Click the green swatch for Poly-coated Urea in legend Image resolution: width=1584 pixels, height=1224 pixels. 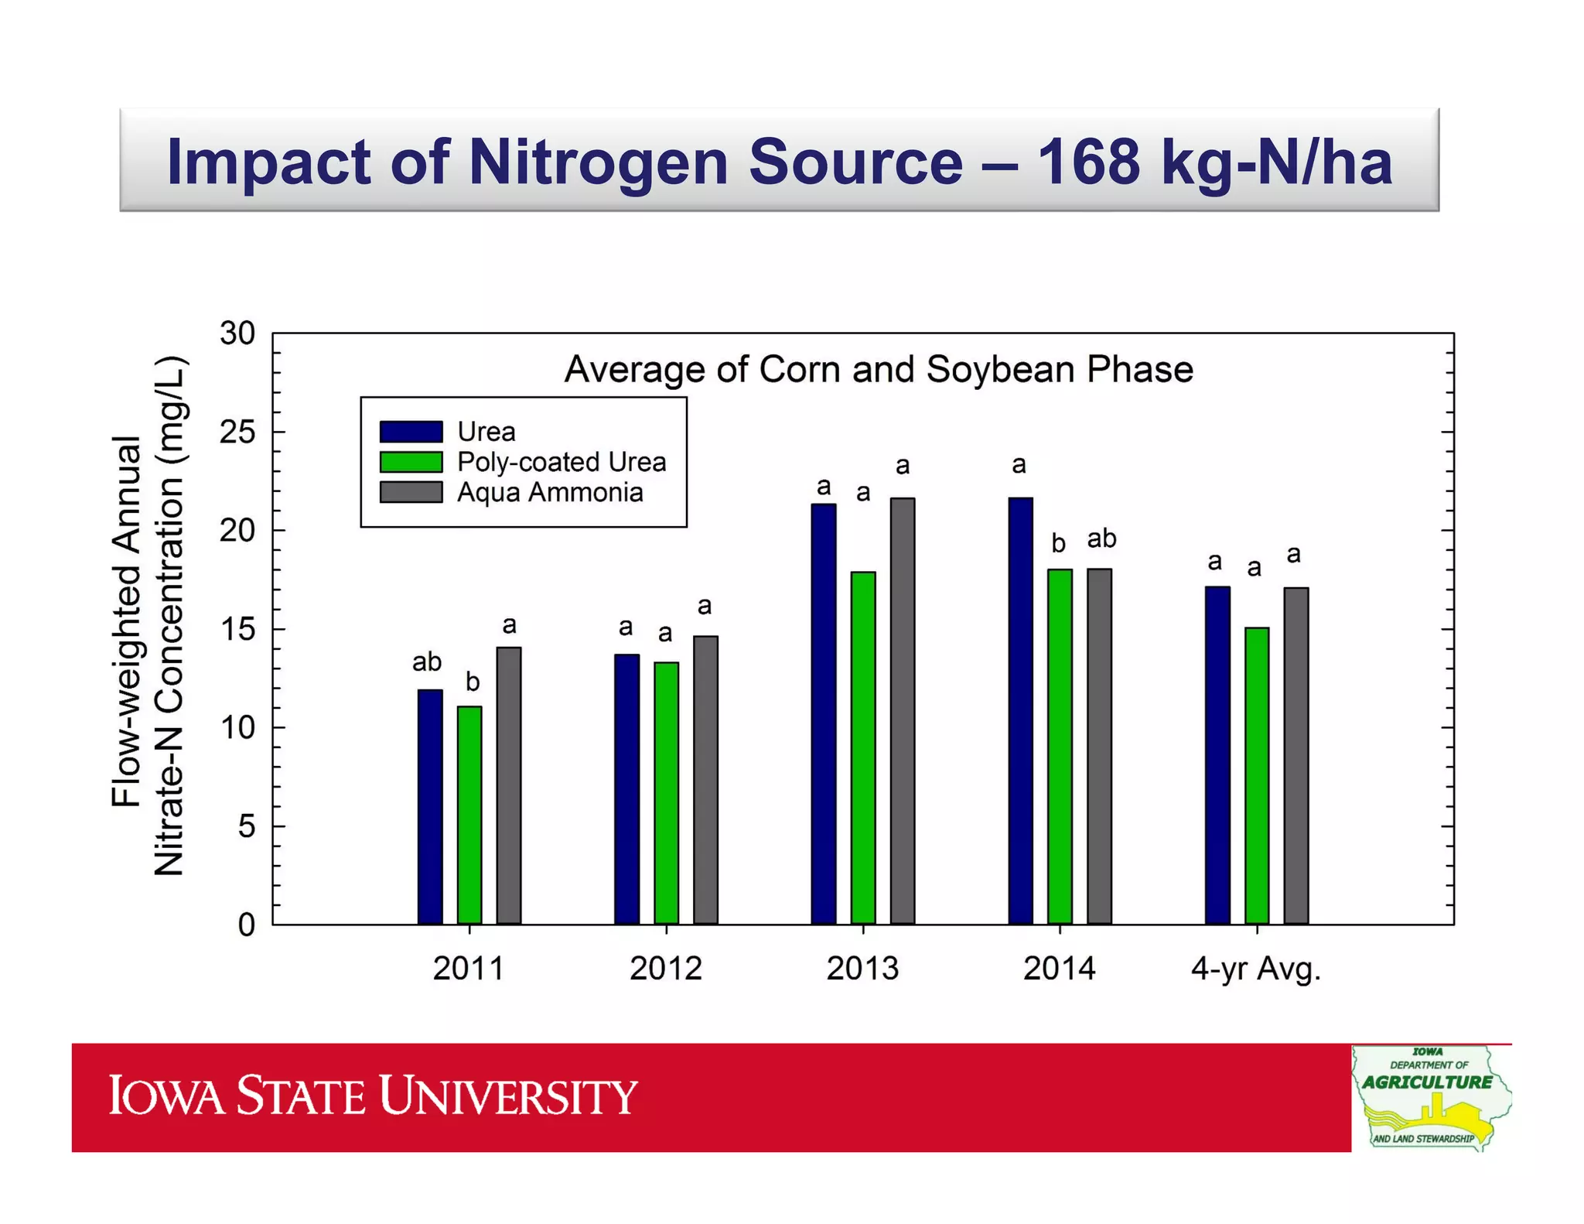point(411,462)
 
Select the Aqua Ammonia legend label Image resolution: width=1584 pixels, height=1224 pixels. point(550,493)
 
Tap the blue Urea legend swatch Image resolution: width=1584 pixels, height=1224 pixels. point(411,431)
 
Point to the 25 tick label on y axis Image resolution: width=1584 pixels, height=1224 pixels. point(237,432)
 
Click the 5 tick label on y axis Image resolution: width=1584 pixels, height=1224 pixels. point(246,826)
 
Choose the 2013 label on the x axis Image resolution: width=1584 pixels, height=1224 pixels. point(862,968)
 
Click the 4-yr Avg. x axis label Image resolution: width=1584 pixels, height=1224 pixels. point(1255,968)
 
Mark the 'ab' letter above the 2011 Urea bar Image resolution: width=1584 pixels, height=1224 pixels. point(427,662)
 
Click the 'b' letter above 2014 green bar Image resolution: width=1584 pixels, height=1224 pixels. point(1058,543)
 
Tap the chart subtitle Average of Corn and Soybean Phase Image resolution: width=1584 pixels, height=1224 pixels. point(878,369)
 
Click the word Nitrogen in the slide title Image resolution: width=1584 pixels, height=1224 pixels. point(598,162)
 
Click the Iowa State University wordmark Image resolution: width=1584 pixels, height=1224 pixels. point(372,1096)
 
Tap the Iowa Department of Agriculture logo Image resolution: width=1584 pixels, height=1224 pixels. point(1429,1097)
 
